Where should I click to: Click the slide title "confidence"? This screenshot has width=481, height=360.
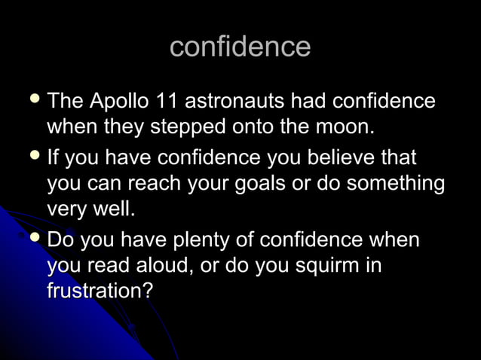240,47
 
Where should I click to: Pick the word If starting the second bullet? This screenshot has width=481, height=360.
54,160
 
